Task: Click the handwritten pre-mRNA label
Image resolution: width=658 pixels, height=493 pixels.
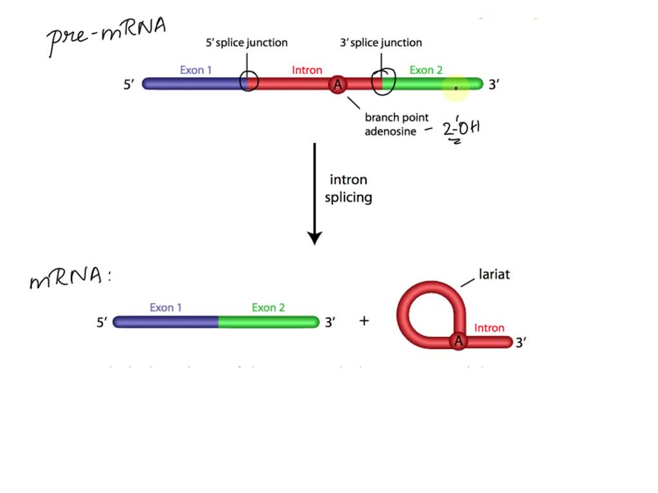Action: tap(107, 35)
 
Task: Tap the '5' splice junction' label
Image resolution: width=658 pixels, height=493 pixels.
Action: tap(246, 43)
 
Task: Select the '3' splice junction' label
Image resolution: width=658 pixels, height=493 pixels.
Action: tap(381, 43)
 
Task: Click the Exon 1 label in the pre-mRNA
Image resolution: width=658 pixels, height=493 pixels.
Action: tap(195, 70)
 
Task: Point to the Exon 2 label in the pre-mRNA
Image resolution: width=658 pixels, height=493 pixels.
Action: tap(425, 70)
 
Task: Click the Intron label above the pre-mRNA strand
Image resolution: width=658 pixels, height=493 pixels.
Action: tap(307, 70)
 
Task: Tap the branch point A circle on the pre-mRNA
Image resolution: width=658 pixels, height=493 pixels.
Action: tap(337, 84)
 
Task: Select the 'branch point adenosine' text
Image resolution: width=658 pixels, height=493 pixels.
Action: tap(396, 125)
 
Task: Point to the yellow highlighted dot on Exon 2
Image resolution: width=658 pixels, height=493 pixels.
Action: tap(456, 88)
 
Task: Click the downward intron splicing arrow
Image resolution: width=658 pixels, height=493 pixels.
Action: tap(314, 193)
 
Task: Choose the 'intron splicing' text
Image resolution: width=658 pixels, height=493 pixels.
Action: tap(348, 189)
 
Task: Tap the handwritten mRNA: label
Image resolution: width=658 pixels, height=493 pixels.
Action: tap(69, 277)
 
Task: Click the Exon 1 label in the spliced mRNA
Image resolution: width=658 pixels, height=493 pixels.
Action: tap(166, 307)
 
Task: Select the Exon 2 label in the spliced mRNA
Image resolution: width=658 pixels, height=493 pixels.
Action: tap(268, 307)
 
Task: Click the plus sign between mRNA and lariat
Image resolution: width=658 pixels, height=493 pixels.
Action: tap(364, 320)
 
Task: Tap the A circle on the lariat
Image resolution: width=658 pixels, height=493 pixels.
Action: tap(458, 342)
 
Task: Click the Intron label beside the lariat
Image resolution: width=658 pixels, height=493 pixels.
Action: tap(489, 328)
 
